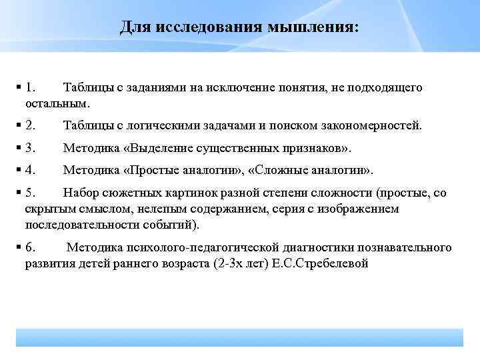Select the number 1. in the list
tap(31, 88)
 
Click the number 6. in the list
tap(31, 248)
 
